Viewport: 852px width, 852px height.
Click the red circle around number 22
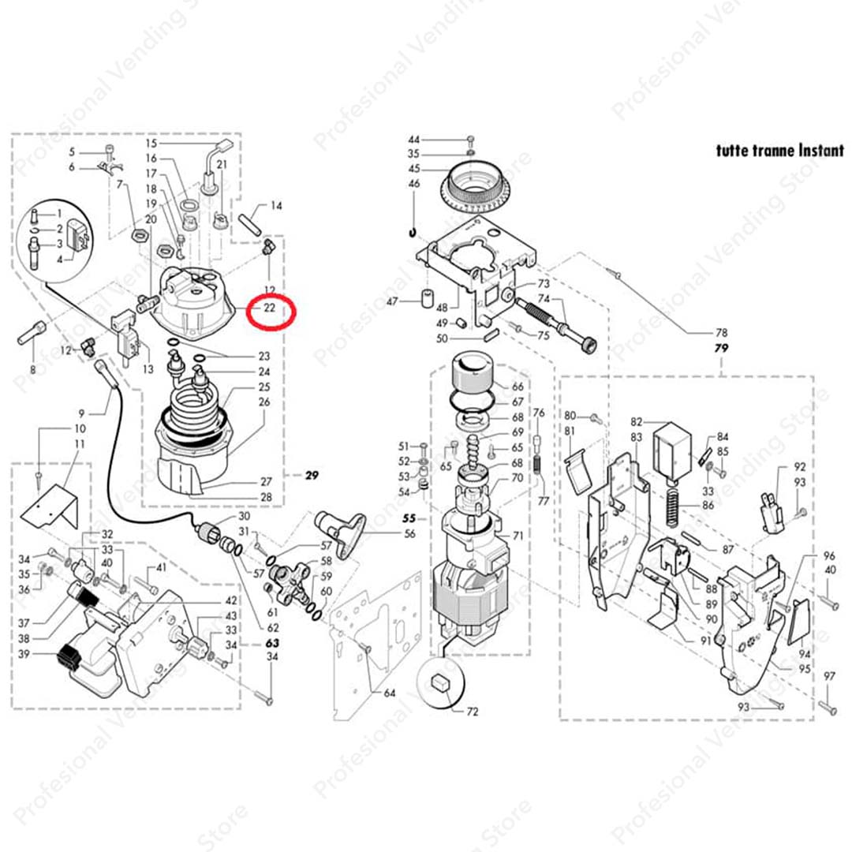(270, 312)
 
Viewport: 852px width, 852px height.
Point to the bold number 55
(409, 519)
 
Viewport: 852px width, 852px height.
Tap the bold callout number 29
(312, 475)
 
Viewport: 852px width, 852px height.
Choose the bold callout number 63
(272, 644)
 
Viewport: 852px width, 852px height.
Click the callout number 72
(473, 712)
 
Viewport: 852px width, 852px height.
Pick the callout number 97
(829, 677)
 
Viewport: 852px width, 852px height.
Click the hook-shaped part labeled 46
(413, 232)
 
